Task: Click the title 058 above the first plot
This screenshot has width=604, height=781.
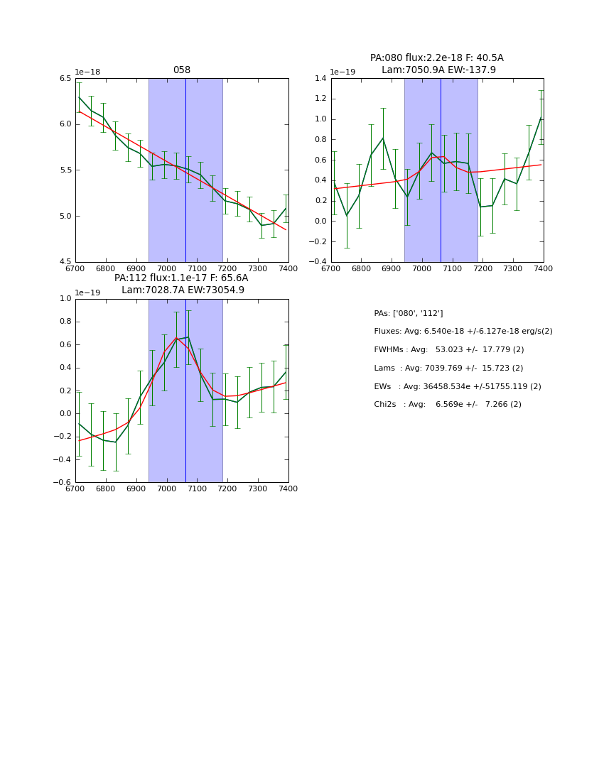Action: pyautogui.click(x=181, y=70)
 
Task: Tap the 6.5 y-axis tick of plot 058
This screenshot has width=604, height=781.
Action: pyautogui.click(x=65, y=78)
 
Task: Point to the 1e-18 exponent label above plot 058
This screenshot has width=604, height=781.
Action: pyautogui.click(x=87, y=72)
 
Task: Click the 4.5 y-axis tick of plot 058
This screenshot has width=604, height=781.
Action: pyautogui.click(x=65, y=262)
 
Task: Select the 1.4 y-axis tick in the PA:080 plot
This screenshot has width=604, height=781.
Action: pyautogui.click(x=320, y=78)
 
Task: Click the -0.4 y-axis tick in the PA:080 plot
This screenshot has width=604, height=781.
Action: pyautogui.click(x=318, y=262)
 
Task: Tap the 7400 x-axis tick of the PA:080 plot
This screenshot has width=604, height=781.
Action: pyautogui.click(x=543, y=268)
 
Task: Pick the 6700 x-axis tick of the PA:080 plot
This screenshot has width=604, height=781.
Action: pyautogui.click(x=331, y=268)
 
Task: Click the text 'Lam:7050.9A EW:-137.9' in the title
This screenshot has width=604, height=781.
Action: pyautogui.click(x=438, y=70)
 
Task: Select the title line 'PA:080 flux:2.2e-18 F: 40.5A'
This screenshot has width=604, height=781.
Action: pyautogui.click(x=436, y=58)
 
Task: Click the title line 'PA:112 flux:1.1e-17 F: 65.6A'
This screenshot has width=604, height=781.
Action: pyautogui.click(x=181, y=278)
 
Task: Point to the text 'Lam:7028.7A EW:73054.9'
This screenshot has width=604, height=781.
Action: pyautogui.click(x=183, y=290)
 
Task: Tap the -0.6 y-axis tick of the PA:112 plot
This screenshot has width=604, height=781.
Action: pyautogui.click(x=63, y=483)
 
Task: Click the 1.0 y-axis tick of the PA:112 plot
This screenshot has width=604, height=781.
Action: pyautogui.click(x=65, y=299)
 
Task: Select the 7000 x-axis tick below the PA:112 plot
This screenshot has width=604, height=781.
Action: pyautogui.click(x=166, y=489)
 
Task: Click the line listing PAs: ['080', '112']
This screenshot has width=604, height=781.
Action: pyautogui.click(x=408, y=313)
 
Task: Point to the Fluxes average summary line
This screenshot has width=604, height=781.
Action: pyautogui.click(x=463, y=332)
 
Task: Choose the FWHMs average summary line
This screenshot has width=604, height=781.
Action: pyautogui.click(x=448, y=350)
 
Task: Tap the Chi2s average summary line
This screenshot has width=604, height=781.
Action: pyautogui.click(x=447, y=405)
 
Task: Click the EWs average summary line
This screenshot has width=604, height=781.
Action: pyautogui.click(x=457, y=386)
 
